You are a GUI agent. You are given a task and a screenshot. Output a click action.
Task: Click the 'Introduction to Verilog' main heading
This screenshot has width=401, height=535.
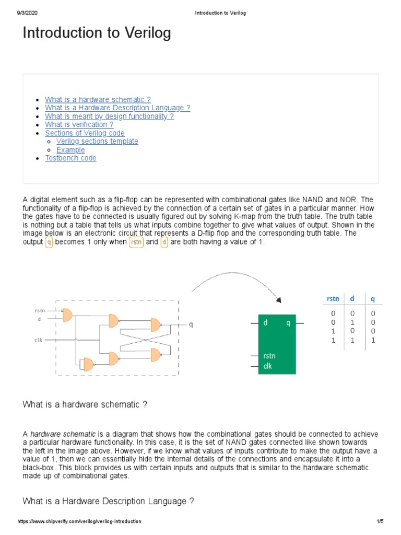pos(97,33)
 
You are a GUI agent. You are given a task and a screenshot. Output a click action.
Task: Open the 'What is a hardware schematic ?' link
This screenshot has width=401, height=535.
pos(98,100)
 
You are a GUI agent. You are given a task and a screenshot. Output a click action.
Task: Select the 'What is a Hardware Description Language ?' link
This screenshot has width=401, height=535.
pos(117,108)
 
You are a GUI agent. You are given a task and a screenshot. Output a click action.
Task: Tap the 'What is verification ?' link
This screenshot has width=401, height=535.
pos(79,125)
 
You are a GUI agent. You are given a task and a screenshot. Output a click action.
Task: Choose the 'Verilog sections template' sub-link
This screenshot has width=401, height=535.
pos(97,142)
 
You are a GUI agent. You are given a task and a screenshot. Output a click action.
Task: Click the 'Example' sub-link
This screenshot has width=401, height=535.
pos(70,150)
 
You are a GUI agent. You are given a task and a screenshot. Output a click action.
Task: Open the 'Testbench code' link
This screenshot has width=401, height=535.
pos(70,158)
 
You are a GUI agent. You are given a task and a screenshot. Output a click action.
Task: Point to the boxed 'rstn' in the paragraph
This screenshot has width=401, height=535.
pos(136,243)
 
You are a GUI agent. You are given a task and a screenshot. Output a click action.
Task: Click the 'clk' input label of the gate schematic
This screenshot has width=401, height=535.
pos(39,340)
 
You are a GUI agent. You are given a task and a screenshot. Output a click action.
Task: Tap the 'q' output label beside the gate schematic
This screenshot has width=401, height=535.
pos(191,324)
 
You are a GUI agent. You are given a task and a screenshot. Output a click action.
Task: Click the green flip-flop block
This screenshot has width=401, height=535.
pos(277,344)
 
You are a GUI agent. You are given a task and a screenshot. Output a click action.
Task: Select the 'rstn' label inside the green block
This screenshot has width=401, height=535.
pos(269,356)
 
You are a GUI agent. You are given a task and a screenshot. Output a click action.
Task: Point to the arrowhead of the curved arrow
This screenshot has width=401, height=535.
pos(278,300)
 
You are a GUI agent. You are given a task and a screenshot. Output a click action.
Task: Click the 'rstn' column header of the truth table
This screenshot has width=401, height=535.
pos(333,298)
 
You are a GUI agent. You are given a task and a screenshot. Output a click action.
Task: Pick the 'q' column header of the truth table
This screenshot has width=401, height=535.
pos(373,298)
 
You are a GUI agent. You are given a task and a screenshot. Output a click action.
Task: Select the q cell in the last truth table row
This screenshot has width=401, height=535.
pos(373,340)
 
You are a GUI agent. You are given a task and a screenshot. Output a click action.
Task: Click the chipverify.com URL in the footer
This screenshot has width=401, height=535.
pos(79,522)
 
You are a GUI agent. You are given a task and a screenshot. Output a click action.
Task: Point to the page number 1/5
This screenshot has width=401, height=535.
pos(380,522)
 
